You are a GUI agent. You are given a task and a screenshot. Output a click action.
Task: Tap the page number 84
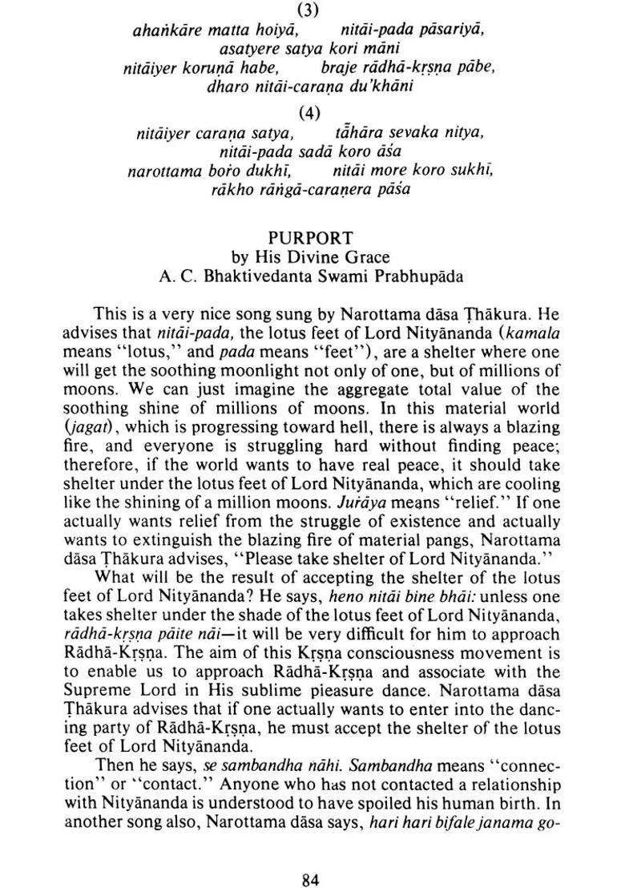(x=311, y=858)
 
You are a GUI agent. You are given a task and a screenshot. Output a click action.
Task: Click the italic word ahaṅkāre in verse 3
(x=165, y=30)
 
